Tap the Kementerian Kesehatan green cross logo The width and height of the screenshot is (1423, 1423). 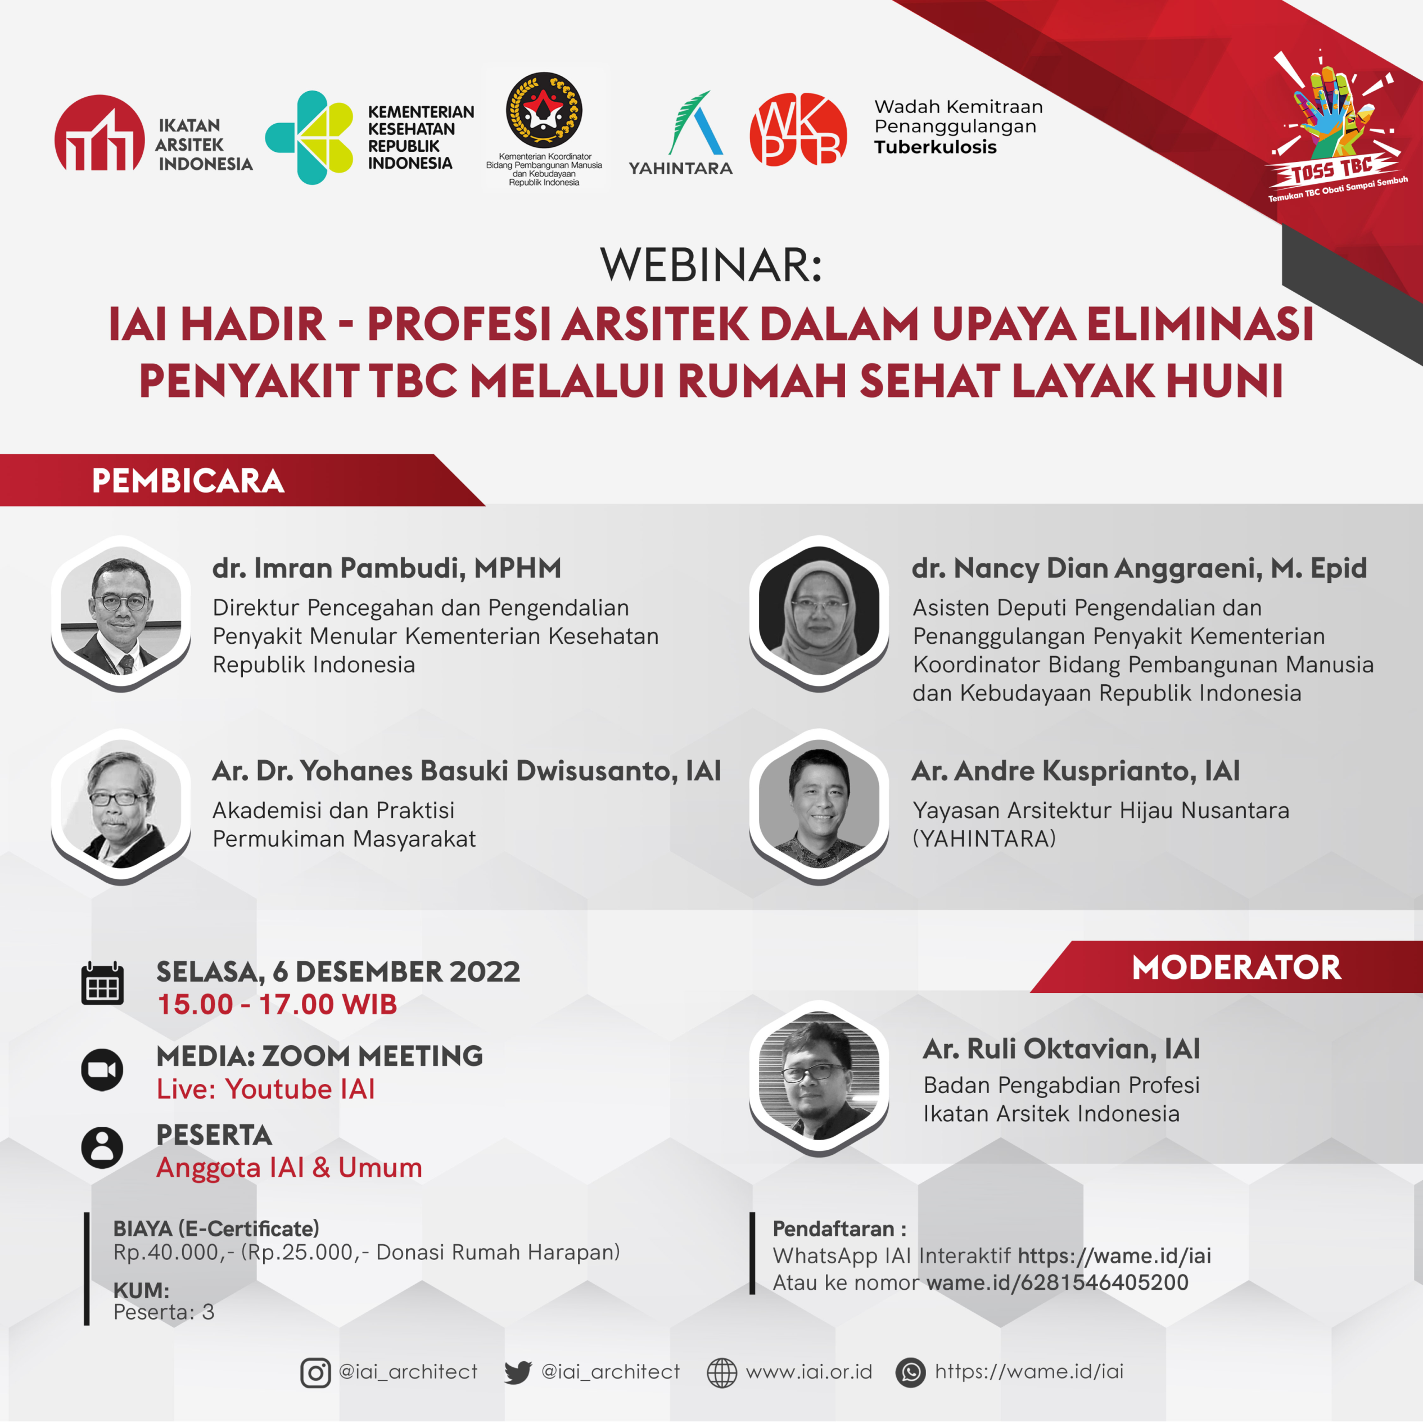[309, 137]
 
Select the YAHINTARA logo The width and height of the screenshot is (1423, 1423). [680, 133]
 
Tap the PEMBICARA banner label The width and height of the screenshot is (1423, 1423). [188, 481]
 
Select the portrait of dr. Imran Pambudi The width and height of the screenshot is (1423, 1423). [121, 613]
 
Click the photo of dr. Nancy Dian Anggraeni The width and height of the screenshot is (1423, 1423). [819, 613]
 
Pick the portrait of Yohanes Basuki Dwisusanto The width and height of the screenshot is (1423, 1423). [121, 806]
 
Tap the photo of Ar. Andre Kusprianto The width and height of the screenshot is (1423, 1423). [819, 806]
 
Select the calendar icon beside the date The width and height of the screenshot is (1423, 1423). [102, 983]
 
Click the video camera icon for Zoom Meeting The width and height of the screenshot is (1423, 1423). [102, 1069]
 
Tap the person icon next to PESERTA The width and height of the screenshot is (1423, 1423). [102, 1148]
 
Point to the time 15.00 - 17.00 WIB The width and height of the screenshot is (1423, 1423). [277, 1005]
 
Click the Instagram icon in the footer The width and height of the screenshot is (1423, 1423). [315, 1373]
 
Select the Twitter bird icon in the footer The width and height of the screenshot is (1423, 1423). [518, 1373]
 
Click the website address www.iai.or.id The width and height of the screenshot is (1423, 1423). [808, 1371]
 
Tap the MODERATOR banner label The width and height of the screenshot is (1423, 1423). [1236, 968]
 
